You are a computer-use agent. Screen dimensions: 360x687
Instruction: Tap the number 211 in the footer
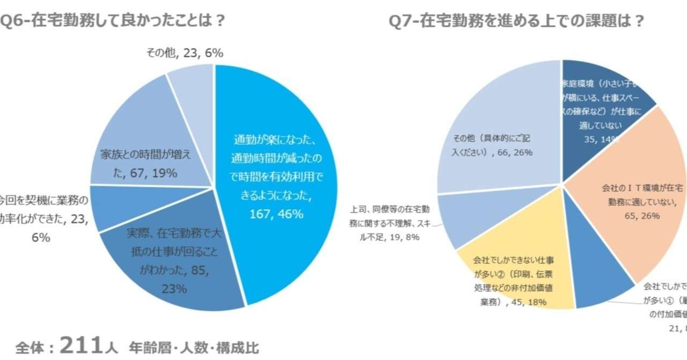coord(81,346)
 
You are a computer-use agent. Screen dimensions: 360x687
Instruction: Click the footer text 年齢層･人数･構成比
coord(193,347)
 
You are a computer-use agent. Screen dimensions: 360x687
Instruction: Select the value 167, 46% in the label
coord(276,214)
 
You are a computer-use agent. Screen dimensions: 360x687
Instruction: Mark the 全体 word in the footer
coord(32,347)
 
